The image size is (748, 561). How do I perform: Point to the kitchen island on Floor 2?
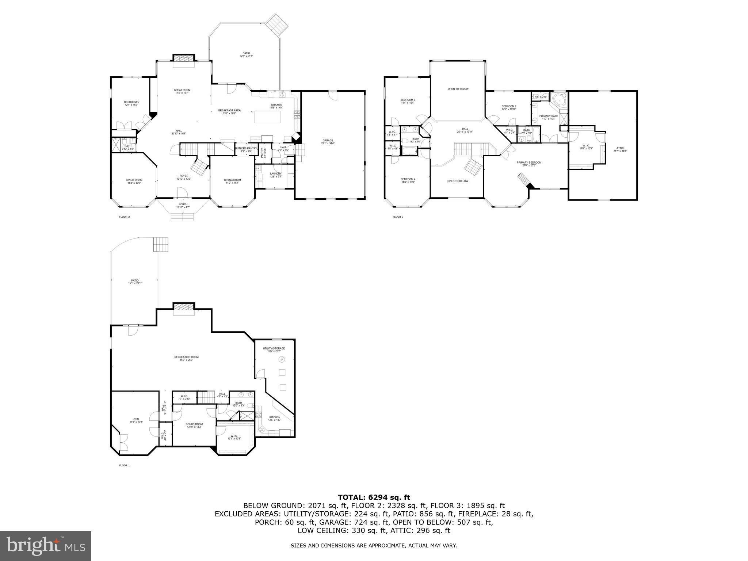point(267,117)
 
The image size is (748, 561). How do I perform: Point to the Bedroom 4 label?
point(408,179)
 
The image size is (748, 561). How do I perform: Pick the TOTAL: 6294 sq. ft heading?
point(374,497)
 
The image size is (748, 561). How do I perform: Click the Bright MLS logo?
point(46,546)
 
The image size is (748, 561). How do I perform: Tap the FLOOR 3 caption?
point(398,217)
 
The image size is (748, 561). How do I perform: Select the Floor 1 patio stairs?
point(161,244)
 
